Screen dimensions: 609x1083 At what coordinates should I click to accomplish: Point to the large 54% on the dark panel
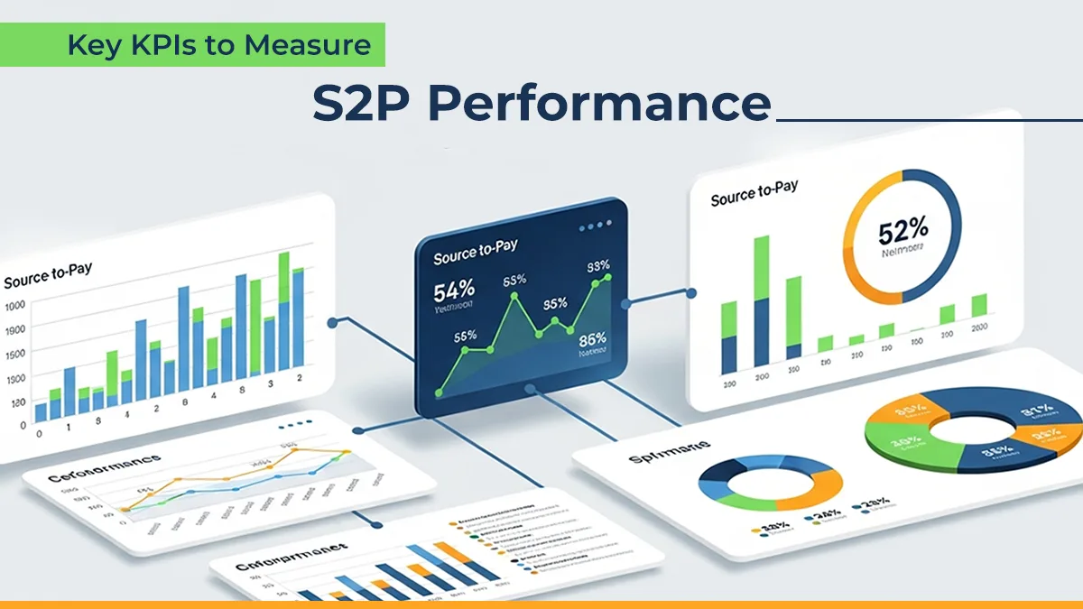(454, 291)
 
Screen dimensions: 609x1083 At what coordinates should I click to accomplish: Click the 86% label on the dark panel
(592, 340)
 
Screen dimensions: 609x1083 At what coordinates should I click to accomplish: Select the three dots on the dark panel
(590, 226)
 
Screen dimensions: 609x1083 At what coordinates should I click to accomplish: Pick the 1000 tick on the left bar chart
(15, 306)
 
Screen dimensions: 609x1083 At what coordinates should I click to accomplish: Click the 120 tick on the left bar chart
(15, 403)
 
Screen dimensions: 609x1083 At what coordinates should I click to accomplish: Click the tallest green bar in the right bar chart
(761, 267)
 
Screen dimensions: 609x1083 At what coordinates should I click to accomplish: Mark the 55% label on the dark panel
(466, 336)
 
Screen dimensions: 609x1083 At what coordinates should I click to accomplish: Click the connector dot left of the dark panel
(333, 320)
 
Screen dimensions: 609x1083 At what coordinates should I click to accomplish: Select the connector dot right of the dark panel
(691, 293)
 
